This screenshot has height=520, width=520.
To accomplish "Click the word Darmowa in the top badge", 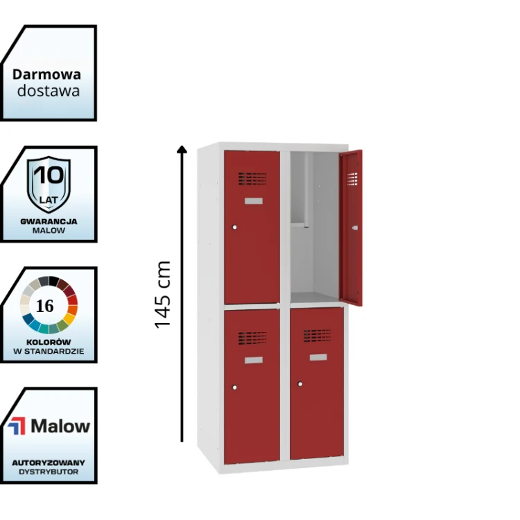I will [x=46, y=74].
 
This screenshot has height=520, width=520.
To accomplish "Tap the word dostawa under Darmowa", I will [x=48, y=91].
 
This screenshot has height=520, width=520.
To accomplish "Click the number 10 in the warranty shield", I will [x=49, y=174].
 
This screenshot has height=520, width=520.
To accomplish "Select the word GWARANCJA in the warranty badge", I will [x=49, y=221].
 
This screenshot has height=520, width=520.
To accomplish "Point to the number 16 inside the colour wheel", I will [x=45, y=306].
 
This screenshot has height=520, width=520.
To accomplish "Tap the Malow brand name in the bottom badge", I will [x=60, y=426].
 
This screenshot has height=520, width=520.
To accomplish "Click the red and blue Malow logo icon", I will [x=16, y=426].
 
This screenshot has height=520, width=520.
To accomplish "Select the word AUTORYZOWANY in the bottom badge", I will [x=49, y=462].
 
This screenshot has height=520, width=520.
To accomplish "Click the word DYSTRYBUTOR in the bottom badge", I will [x=49, y=471].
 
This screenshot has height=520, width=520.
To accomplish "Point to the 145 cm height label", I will [x=162, y=295].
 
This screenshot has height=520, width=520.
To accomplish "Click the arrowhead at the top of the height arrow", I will [x=182, y=148].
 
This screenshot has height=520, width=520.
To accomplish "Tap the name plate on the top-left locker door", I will [x=254, y=201].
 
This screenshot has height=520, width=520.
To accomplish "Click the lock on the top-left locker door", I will [x=235, y=227].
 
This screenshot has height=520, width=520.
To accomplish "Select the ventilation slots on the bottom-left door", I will [x=252, y=338].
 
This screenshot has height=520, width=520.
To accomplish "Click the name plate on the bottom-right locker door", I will [x=318, y=357].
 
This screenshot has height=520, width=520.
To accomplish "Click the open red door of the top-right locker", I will [x=352, y=229].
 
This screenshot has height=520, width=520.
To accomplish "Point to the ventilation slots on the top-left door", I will [x=252, y=179].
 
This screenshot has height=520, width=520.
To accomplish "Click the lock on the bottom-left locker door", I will [x=235, y=386].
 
